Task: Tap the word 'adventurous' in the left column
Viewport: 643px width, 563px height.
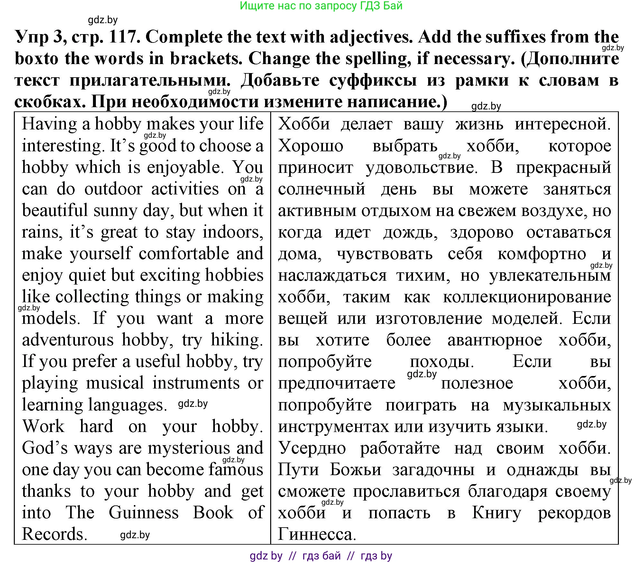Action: [68, 340]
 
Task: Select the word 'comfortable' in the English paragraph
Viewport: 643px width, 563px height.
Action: [184, 254]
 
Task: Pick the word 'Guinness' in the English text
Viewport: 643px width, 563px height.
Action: [143, 513]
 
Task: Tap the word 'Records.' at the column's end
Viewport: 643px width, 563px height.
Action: [55, 534]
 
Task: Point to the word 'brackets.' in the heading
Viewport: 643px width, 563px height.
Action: [206, 59]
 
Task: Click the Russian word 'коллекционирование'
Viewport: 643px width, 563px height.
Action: [527, 297]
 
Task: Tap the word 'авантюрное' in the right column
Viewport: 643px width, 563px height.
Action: [494, 340]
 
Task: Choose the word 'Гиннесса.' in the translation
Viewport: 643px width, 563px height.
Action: [317, 534]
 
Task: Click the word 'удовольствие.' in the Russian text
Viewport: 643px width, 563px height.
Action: [421, 167]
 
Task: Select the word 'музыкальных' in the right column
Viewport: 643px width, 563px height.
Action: [557, 405]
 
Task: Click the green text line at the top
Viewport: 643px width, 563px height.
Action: [321, 6]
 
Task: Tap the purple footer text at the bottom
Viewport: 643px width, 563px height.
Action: [321, 556]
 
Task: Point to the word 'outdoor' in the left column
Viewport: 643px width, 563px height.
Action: [113, 189]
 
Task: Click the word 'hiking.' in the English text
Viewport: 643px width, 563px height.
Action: [237, 340]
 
